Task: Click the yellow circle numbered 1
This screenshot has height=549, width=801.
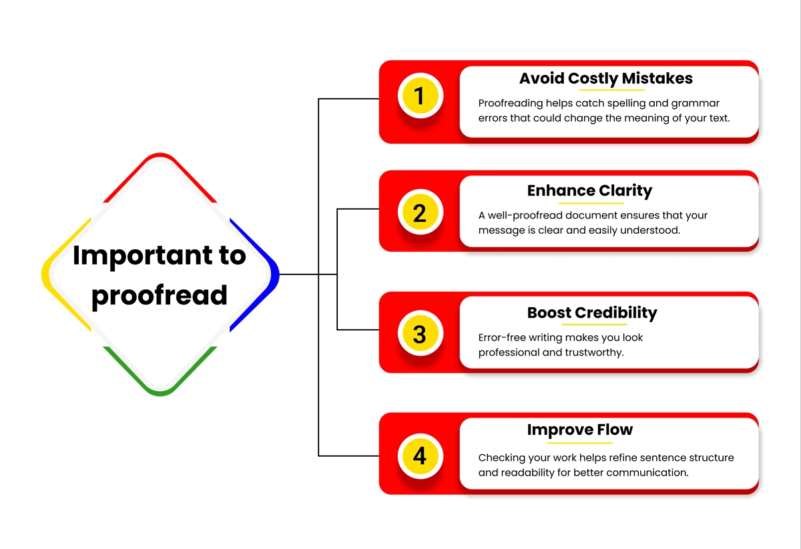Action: coord(420,96)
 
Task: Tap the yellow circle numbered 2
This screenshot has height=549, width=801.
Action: coord(420,212)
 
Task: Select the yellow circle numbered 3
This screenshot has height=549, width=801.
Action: coord(420,333)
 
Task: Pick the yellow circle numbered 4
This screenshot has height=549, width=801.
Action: coord(420,456)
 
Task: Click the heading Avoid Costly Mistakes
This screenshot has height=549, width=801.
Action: coord(606,78)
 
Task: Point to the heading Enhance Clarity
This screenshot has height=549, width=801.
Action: coord(589,191)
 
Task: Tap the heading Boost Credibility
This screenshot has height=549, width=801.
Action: coord(592,313)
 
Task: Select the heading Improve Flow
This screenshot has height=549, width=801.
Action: coord(580,430)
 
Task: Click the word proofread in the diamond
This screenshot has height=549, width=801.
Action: coord(160,296)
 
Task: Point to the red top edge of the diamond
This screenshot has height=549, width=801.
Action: coord(160,156)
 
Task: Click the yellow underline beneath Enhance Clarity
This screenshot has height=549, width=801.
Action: coord(591,203)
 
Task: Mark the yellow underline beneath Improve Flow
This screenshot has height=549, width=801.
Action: coord(579,443)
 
